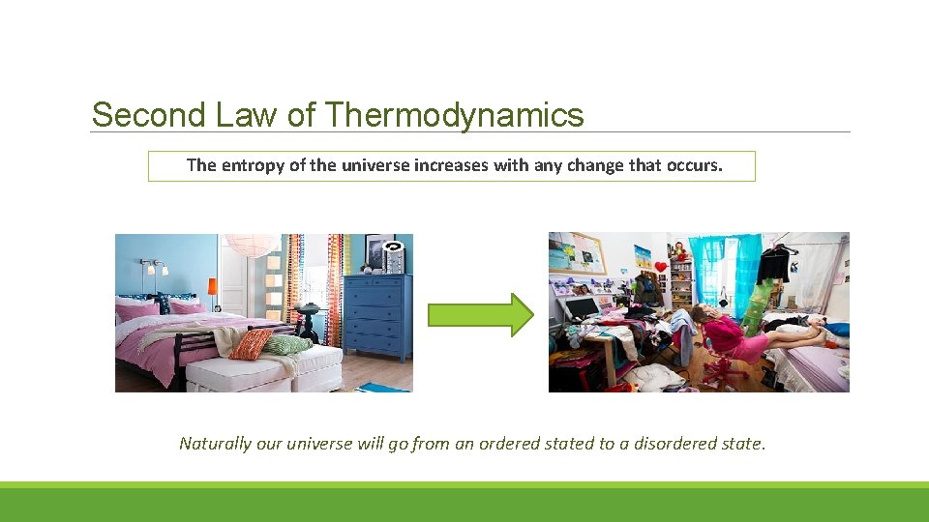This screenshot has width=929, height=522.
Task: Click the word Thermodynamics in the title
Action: (x=455, y=115)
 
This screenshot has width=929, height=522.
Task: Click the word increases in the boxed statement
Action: (x=451, y=165)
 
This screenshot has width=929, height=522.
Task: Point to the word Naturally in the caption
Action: (x=214, y=444)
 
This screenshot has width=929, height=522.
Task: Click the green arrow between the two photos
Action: (x=480, y=314)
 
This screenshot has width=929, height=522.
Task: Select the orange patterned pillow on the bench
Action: (x=252, y=343)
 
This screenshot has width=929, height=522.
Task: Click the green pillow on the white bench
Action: (x=288, y=345)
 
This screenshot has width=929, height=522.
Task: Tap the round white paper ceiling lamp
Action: (x=252, y=245)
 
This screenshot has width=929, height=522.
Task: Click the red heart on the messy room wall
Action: (x=660, y=266)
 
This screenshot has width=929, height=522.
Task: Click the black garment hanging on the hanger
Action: (x=773, y=263)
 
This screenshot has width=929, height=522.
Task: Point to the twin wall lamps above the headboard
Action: (x=151, y=267)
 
